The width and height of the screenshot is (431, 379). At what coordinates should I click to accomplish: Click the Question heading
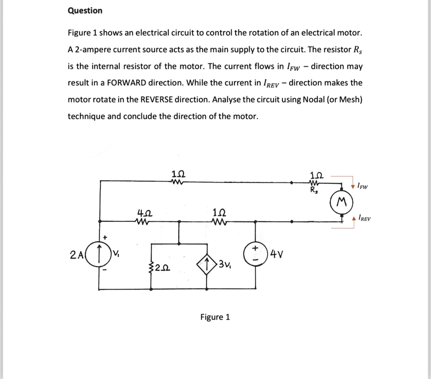tap(85, 11)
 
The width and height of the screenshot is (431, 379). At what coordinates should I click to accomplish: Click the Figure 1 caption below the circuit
tap(215, 317)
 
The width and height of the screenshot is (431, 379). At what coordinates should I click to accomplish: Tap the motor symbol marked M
tap(342, 203)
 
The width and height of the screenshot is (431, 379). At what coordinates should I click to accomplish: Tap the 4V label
tap(278, 254)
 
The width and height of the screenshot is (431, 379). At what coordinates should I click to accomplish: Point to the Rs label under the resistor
tap(314, 190)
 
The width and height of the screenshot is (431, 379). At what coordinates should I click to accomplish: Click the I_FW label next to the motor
tap(361, 186)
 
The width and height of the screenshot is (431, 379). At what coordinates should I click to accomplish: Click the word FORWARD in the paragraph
tap(128, 83)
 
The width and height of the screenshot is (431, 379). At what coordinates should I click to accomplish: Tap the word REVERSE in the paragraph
tap(156, 100)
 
